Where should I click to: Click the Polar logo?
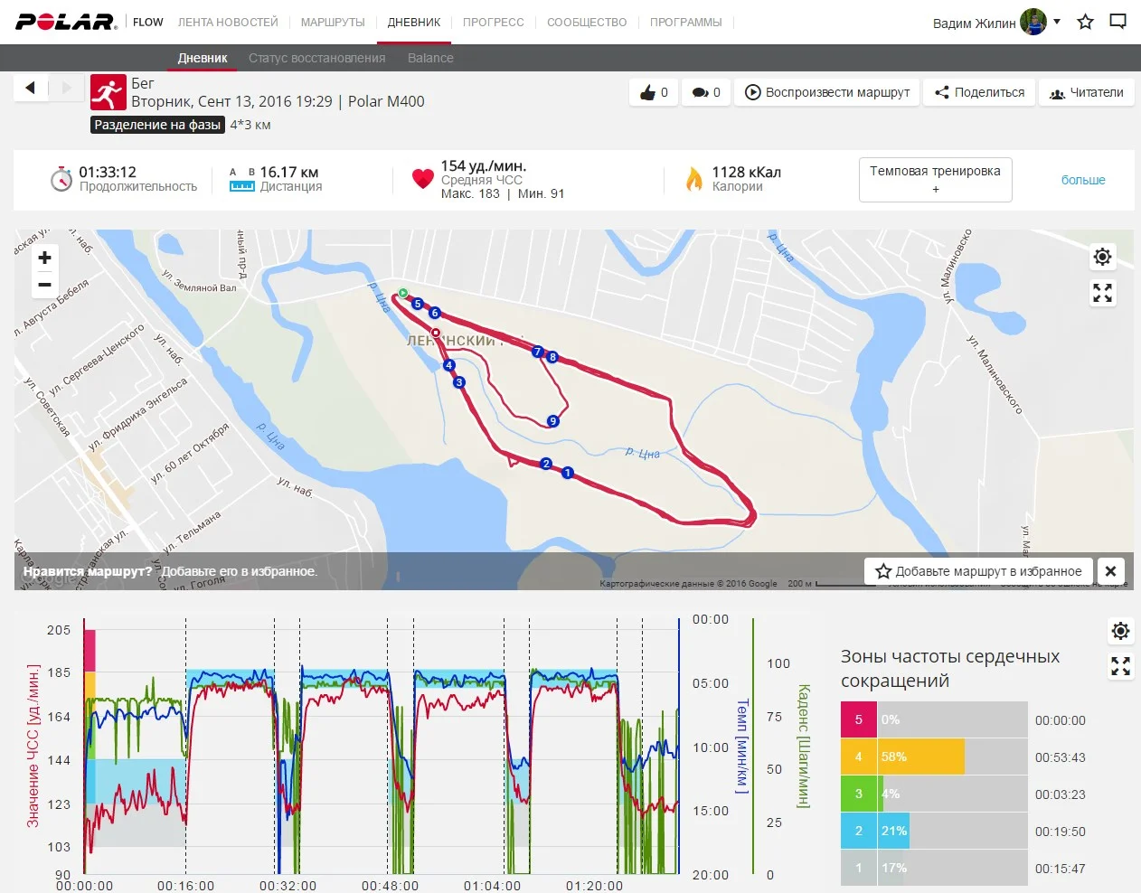(66, 22)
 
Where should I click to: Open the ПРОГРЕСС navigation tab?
(493, 22)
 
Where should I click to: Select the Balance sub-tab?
(430, 58)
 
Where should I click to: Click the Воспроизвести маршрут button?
(827, 92)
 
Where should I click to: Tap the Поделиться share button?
(980, 92)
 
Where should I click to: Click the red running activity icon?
(108, 92)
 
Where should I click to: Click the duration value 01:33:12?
(108, 172)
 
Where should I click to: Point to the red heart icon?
(422, 178)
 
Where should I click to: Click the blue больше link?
(1083, 180)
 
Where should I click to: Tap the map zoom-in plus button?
(44, 258)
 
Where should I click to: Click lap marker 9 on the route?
(552, 421)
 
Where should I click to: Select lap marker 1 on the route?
(568, 473)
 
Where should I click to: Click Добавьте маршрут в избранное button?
(979, 571)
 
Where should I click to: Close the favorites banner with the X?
(1111, 571)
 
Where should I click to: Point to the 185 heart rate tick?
(59, 672)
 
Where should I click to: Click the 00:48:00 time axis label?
(390, 886)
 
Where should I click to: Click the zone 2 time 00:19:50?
(1060, 832)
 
